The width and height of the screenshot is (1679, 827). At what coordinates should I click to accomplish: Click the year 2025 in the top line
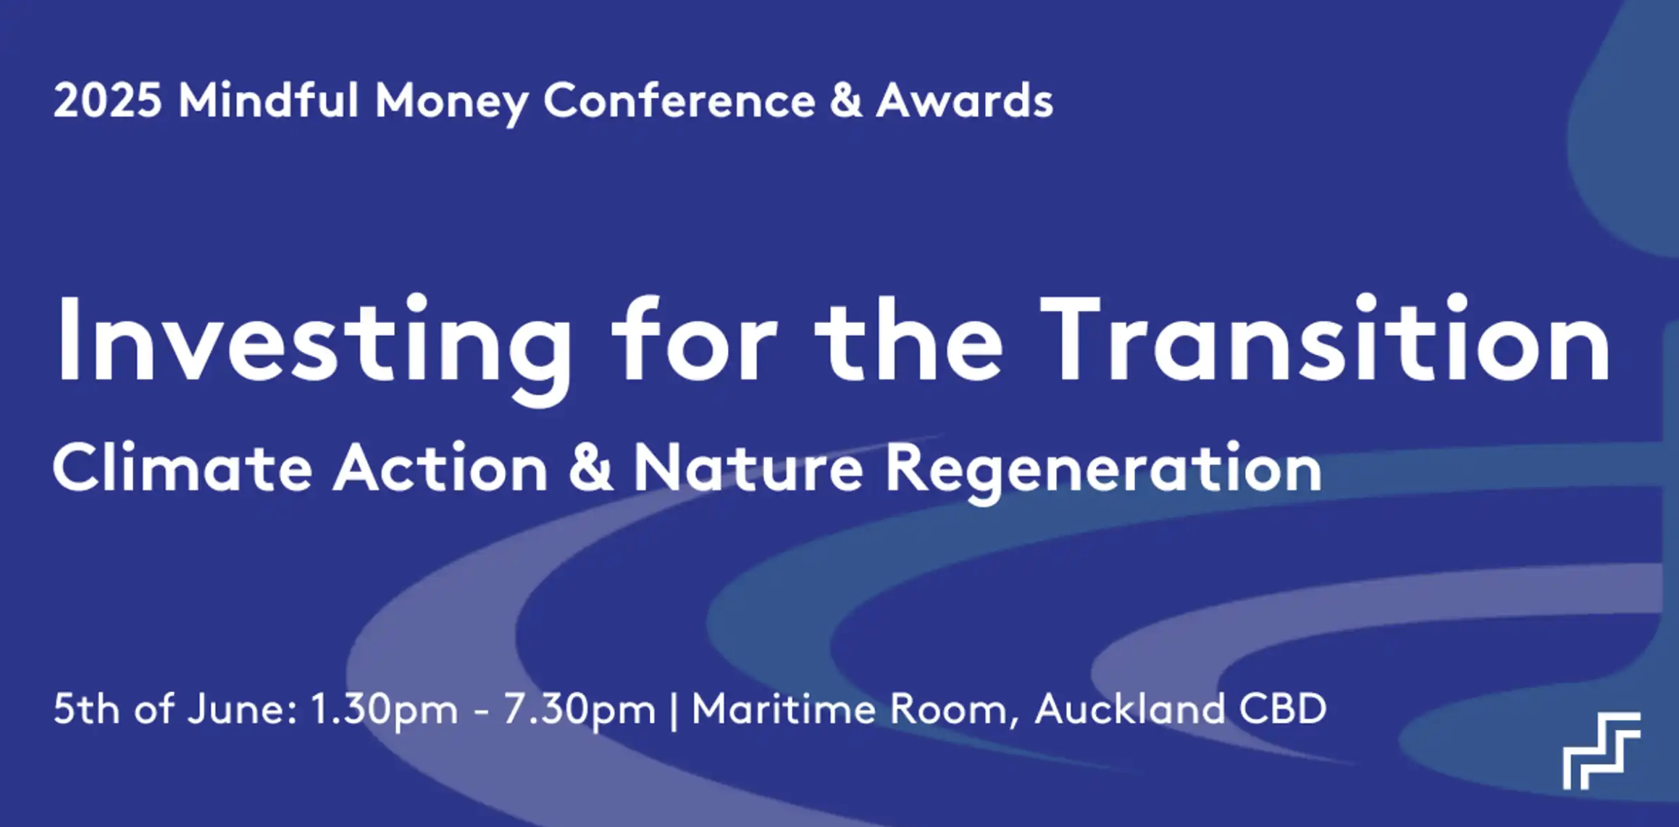pyautogui.click(x=107, y=100)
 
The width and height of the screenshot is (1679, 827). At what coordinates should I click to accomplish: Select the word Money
pyautogui.click(x=451, y=103)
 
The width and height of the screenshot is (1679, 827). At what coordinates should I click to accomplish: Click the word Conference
pyautogui.click(x=679, y=99)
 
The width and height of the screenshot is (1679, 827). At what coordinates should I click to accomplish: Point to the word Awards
pyautogui.click(x=965, y=99)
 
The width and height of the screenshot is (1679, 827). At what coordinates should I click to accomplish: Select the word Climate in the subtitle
pyautogui.click(x=183, y=469)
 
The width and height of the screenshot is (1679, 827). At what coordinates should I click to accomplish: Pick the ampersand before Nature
pyautogui.click(x=591, y=469)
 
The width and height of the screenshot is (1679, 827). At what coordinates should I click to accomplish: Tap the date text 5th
pyautogui.click(x=86, y=708)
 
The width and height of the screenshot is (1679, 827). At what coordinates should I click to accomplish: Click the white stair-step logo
pyautogui.click(x=1601, y=751)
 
